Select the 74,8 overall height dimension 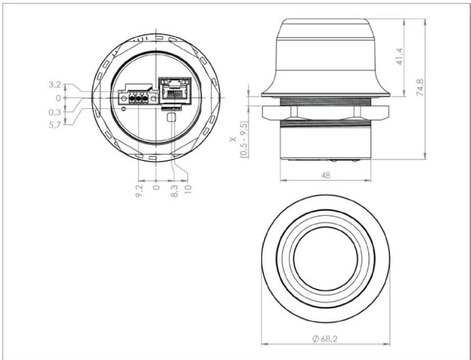pos(420,88)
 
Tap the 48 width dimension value pos(325,175)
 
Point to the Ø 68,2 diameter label pos(325,339)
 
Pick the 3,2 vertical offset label pos(54,84)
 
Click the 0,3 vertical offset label pos(54,112)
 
